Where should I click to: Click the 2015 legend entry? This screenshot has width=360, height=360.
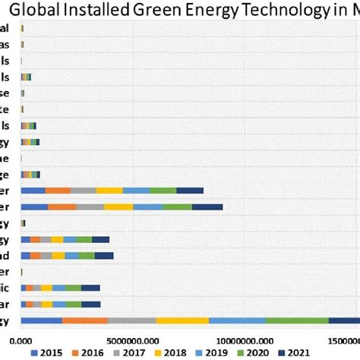coord(47,352)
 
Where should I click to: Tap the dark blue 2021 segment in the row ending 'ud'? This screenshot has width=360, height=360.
coord(104,255)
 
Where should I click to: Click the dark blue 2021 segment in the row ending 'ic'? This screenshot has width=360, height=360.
coord(90,288)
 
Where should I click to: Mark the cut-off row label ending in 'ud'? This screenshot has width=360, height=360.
coord(5,255)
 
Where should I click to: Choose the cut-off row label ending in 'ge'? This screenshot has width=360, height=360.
coord(5,174)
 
